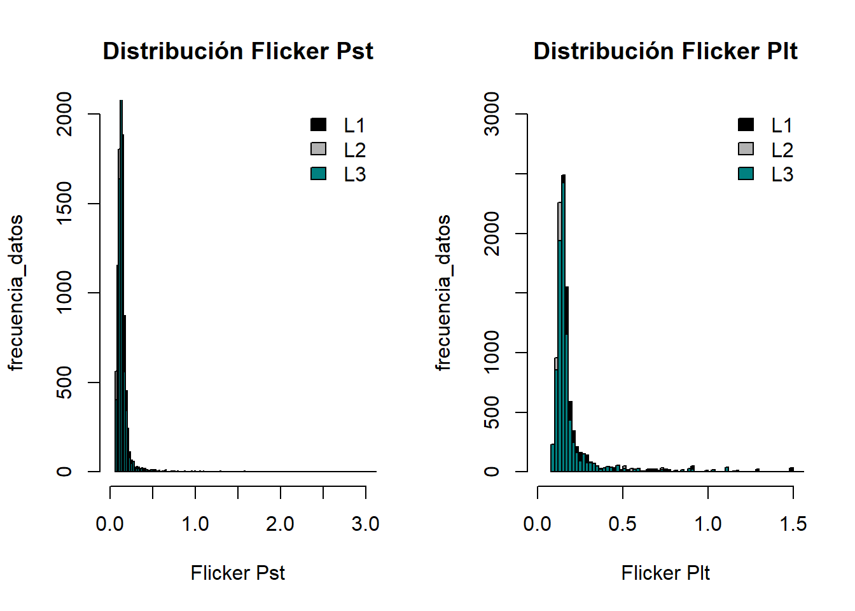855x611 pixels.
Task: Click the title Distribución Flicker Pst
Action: pyautogui.click(x=238, y=51)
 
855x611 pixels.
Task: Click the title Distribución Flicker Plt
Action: pyautogui.click(x=665, y=51)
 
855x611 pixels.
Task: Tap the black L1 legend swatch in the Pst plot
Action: pyautogui.click(x=318, y=125)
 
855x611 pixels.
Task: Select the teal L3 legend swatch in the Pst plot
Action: pyautogui.click(x=318, y=174)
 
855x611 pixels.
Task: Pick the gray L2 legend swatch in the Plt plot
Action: pyautogui.click(x=746, y=149)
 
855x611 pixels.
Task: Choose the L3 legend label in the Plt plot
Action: pyautogui.click(x=782, y=174)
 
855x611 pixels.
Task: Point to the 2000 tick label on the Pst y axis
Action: pyautogui.click(x=64, y=115)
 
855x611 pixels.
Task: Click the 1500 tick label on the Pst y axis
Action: pyautogui.click(x=64, y=204)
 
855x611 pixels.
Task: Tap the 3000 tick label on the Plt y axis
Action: pyautogui.click(x=492, y=115)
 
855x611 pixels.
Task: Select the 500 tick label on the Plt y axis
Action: pyautogui.click(x=492, y=412)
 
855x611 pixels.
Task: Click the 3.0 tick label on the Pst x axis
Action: pyautogui.click(x=365, y=524)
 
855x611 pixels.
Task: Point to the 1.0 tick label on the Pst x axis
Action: pyautogui.click(x=195, y=524)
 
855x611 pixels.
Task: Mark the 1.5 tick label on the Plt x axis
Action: pyautogui.click(x=793, y=524)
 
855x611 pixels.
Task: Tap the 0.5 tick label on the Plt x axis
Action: pyautogui.click(x=622, y=524)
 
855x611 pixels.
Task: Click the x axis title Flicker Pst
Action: pyautogui.click(x=237, y=573)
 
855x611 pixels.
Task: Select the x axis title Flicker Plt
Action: pyautogui.click(x=665, y=573)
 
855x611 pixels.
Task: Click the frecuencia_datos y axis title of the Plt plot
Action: pyautogui.click(x=443, y=293)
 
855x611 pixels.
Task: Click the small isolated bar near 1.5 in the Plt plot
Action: pyautogui.click(x=791, y=470)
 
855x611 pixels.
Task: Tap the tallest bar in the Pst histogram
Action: pyautogui.click(x=121, y=286)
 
